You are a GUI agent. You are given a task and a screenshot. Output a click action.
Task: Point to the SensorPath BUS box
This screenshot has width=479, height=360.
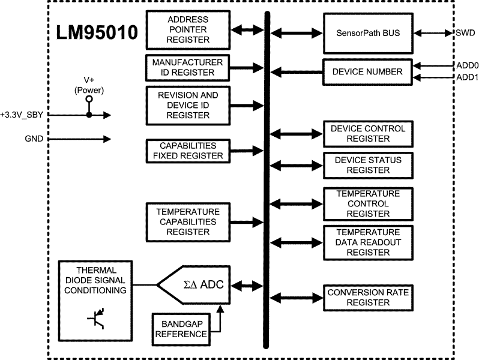pyautogui.click(x=367, y=32)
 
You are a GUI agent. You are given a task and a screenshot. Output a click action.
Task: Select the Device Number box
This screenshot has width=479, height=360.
pyautogui.click(x=367, y=72)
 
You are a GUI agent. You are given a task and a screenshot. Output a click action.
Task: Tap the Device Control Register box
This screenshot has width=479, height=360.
pyautogui.click(x=368, y=134)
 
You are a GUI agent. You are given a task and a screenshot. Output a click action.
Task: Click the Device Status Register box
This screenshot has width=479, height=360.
pyautogui.click(x=368, y=165)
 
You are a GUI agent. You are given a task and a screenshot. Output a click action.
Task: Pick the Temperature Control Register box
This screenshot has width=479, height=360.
pyautogui.click(x=368, y=204)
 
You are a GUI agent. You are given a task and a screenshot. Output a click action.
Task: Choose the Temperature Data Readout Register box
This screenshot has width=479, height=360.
pyautogui.click(x=368, y=242)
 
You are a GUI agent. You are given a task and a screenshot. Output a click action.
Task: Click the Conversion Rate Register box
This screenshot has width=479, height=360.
pyautogui.click(x=368, y=297)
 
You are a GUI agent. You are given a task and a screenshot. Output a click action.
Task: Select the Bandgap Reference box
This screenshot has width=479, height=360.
pyautogui.click(x=180, y=329)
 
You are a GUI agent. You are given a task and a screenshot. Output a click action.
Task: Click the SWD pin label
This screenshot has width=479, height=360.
pyautogui.click(x=465, y=32)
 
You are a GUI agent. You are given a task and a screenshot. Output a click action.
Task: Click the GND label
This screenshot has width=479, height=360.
pyautogui.click(x=34, y=139)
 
